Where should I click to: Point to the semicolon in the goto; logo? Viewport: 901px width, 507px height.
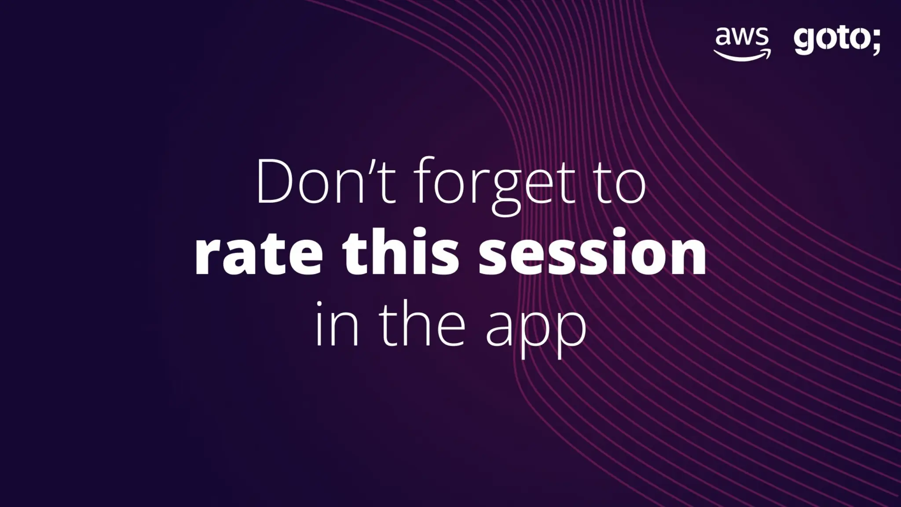pos(875,42)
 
